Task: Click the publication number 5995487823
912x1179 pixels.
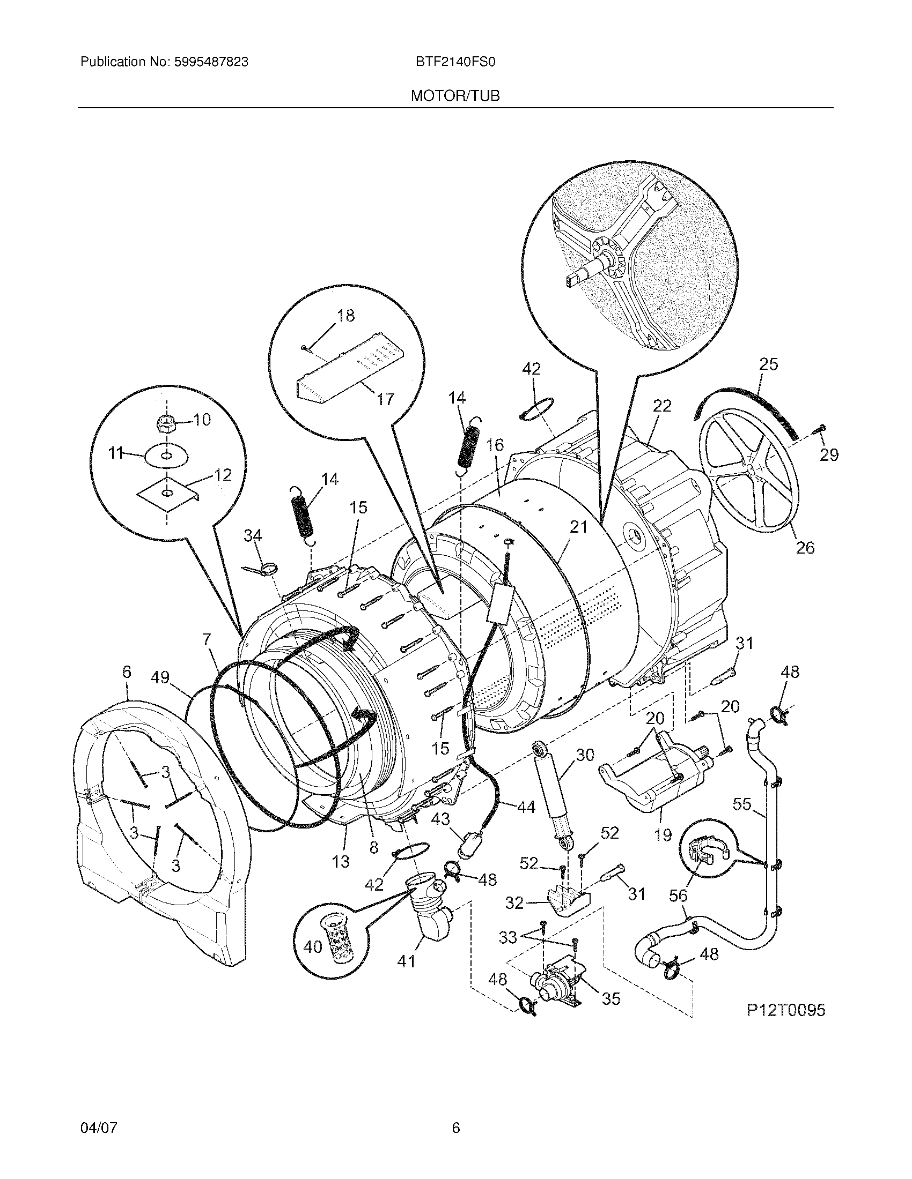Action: click(211, 62)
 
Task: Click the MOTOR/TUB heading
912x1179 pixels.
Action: click(455, 96)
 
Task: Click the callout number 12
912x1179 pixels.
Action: click(222, 474)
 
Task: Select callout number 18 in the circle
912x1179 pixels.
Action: click(345, 316)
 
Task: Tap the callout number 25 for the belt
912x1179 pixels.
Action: click(768, 364)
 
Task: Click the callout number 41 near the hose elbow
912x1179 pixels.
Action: click(406, 961)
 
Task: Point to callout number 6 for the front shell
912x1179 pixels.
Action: click(126, 672)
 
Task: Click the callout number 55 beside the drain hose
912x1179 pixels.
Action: click(742, 804)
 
